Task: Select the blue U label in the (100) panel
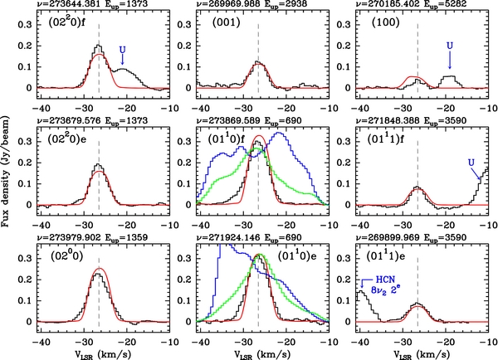[449, 43]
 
